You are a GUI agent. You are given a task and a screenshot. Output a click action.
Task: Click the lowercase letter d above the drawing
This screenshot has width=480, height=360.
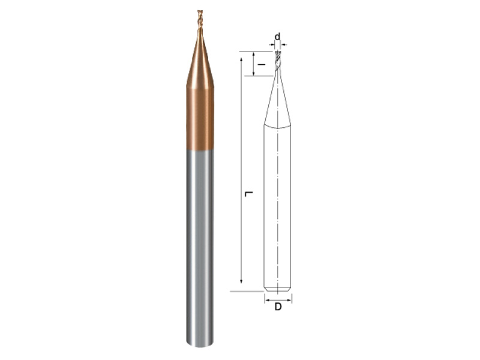pos(277,37)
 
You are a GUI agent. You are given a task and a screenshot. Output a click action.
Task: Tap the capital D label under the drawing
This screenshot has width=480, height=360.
pos(278,307)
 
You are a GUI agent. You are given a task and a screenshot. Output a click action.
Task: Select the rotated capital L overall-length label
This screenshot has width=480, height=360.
pos(249,194)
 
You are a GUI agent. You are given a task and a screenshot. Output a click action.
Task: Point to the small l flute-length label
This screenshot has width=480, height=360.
pos(261,65)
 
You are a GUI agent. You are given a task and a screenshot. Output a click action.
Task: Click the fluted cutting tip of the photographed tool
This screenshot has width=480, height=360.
pos(200,20)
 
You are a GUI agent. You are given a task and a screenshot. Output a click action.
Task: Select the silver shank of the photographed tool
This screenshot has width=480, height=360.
pos(200,248)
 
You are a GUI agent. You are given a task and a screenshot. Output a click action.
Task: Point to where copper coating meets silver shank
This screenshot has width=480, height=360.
pos(200,150)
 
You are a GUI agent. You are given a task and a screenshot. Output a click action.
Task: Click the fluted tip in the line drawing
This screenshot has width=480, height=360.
pos(277,61)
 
